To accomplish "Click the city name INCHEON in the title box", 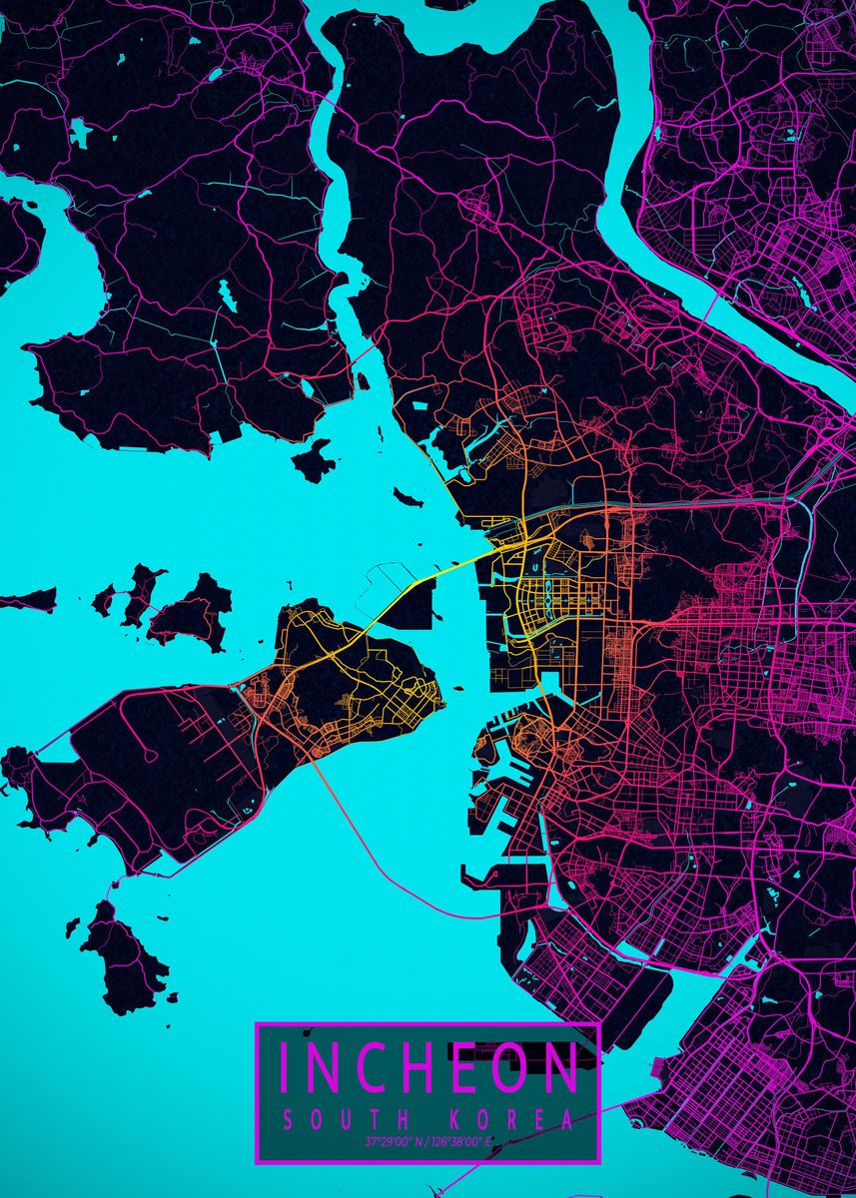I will (x=428, y=1067).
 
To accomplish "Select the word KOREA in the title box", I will (x=512, y=1120).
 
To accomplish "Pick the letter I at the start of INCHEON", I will (x=285, y=1067).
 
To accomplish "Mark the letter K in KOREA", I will (x=456, y=1120).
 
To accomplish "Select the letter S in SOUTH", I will (x=290, y=1120).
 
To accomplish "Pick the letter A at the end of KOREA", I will (x=568, y=1120).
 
